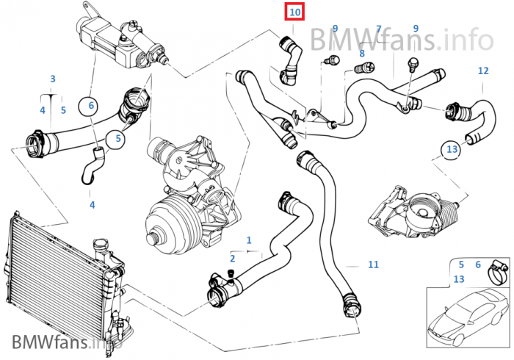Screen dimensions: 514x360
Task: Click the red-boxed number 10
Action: (x=295, y=12)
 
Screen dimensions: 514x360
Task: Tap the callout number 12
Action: (x=483, y=71)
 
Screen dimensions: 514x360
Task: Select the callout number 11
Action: (x=373, y=264)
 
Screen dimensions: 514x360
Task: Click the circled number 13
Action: (x=452, y=149)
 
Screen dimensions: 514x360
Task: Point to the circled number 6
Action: (x=91, y=106)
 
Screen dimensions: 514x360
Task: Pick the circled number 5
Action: (x=118, y=138)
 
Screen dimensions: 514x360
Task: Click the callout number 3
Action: (x=53, y=79)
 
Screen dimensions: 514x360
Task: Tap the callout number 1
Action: (x=249, y=240)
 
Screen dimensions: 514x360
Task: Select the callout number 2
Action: (x=233, y=259)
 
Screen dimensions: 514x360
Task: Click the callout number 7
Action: (x=379, y=29)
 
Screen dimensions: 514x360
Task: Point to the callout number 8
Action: (x=362, y=53)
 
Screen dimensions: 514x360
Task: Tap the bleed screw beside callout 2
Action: (x=231, y=275)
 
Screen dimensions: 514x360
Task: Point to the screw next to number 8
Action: (x=364, y=68)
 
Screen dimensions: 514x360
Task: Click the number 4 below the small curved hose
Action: (x=92, y=205)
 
